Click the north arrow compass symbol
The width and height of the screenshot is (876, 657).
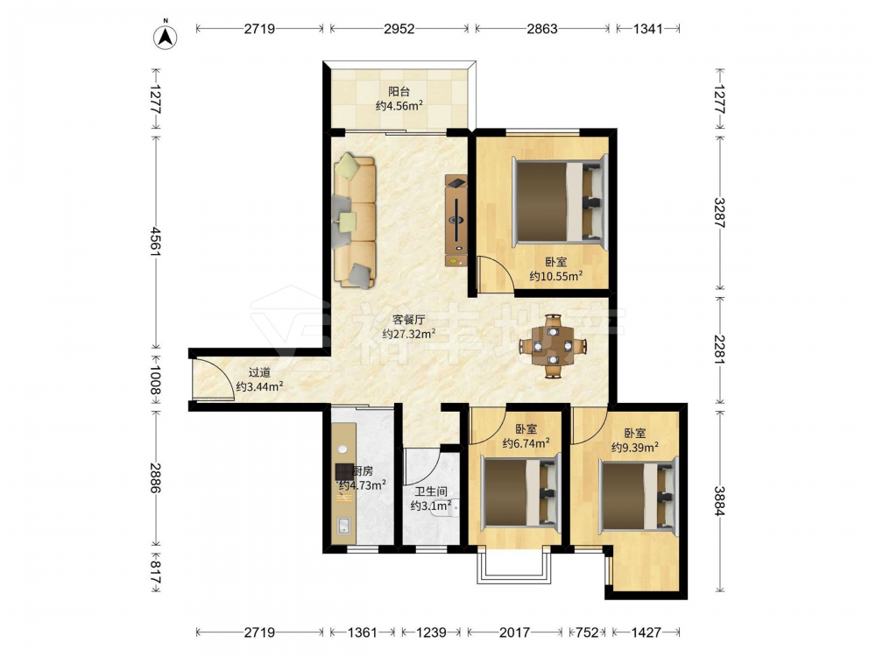coord(166,36)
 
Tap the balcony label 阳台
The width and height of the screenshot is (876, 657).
coord(399,92)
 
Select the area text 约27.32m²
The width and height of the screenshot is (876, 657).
coord(409,334)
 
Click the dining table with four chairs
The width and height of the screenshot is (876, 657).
coord(553,346)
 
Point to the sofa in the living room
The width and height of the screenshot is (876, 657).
coord(354,221)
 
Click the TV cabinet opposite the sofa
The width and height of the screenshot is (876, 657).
coord(456,221)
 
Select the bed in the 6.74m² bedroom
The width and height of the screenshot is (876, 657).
coord(520,491)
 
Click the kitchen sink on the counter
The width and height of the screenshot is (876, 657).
coord(343,526)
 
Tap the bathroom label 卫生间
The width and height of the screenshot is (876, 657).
coord(431,492)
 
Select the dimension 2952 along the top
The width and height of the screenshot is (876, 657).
coord(399,29)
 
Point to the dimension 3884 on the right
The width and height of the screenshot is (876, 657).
coord(719,501)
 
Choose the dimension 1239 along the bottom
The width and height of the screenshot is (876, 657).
coord(431,632)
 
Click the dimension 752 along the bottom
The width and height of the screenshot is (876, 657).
coord(588,632)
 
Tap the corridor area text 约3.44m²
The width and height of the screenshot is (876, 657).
coord(259,386)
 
